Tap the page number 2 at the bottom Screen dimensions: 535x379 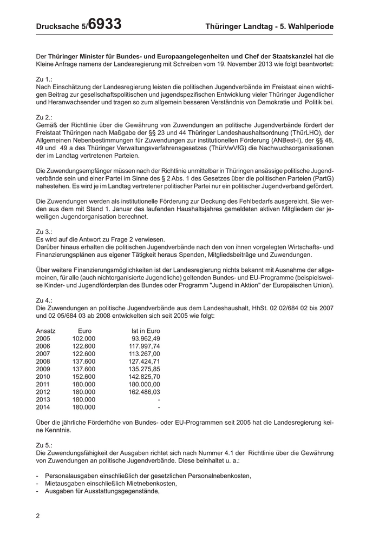38,516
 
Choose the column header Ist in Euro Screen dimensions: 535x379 146,331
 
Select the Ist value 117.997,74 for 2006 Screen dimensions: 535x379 143,346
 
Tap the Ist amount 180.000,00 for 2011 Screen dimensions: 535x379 143,384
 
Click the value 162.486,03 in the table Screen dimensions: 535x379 143,392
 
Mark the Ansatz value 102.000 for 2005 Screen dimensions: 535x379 84,338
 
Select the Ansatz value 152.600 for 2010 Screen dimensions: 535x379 84,377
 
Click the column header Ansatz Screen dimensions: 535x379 45,331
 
